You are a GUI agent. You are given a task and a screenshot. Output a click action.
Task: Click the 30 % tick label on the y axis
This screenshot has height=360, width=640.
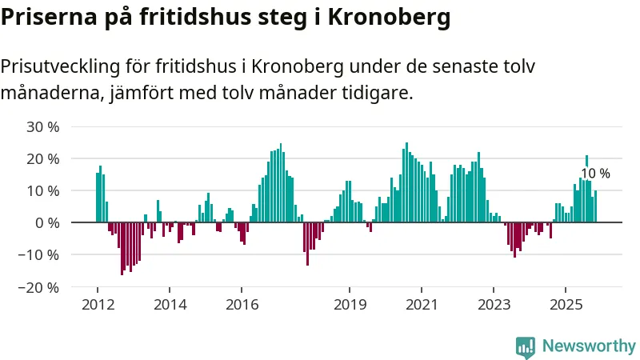coord(43,127)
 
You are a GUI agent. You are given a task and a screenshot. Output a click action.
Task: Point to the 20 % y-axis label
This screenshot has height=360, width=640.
coord(43,159)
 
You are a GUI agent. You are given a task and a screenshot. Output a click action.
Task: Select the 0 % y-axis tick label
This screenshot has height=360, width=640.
coord(47,223)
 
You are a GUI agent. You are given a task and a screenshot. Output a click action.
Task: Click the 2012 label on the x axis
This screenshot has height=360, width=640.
coord(98,304)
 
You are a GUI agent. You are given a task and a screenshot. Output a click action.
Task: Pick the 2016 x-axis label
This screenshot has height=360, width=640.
coord(242,304)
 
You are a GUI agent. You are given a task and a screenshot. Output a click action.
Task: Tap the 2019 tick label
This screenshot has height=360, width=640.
coord(350,304)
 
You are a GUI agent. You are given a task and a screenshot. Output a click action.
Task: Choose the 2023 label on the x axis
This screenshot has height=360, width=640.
coord(494,304)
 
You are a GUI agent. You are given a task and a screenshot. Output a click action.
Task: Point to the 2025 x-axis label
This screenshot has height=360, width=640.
coord(566,304)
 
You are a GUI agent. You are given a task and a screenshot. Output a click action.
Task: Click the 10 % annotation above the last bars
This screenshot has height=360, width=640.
coord(595,174)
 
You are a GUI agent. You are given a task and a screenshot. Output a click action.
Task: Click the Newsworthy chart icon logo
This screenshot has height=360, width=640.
coord(526,346)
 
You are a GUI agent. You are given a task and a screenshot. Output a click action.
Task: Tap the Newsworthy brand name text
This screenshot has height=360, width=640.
coord(589,346)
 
